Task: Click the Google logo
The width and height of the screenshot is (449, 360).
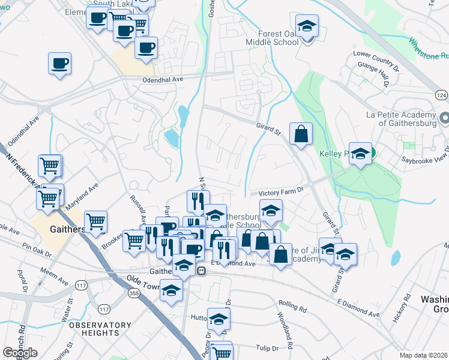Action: click(20, 353)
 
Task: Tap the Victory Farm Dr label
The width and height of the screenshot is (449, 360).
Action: click(282, 193)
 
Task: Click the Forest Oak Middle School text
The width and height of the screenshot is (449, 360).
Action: click(272, 38)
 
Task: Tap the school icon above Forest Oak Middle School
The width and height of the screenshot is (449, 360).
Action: click(307, 26)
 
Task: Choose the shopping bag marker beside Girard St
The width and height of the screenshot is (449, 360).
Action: click(301, 135)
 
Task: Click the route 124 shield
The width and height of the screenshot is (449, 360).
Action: click(442, 95)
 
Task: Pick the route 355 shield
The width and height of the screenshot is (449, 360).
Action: click(134, 292)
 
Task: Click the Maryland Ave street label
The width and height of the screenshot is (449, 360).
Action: click(83, 197)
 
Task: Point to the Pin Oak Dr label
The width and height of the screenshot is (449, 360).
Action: click(37, 247)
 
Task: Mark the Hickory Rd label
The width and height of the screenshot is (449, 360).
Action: click(401, 308)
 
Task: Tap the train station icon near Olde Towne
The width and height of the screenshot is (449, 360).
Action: click(202, 271)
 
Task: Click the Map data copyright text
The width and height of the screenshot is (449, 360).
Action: click(423, 355)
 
